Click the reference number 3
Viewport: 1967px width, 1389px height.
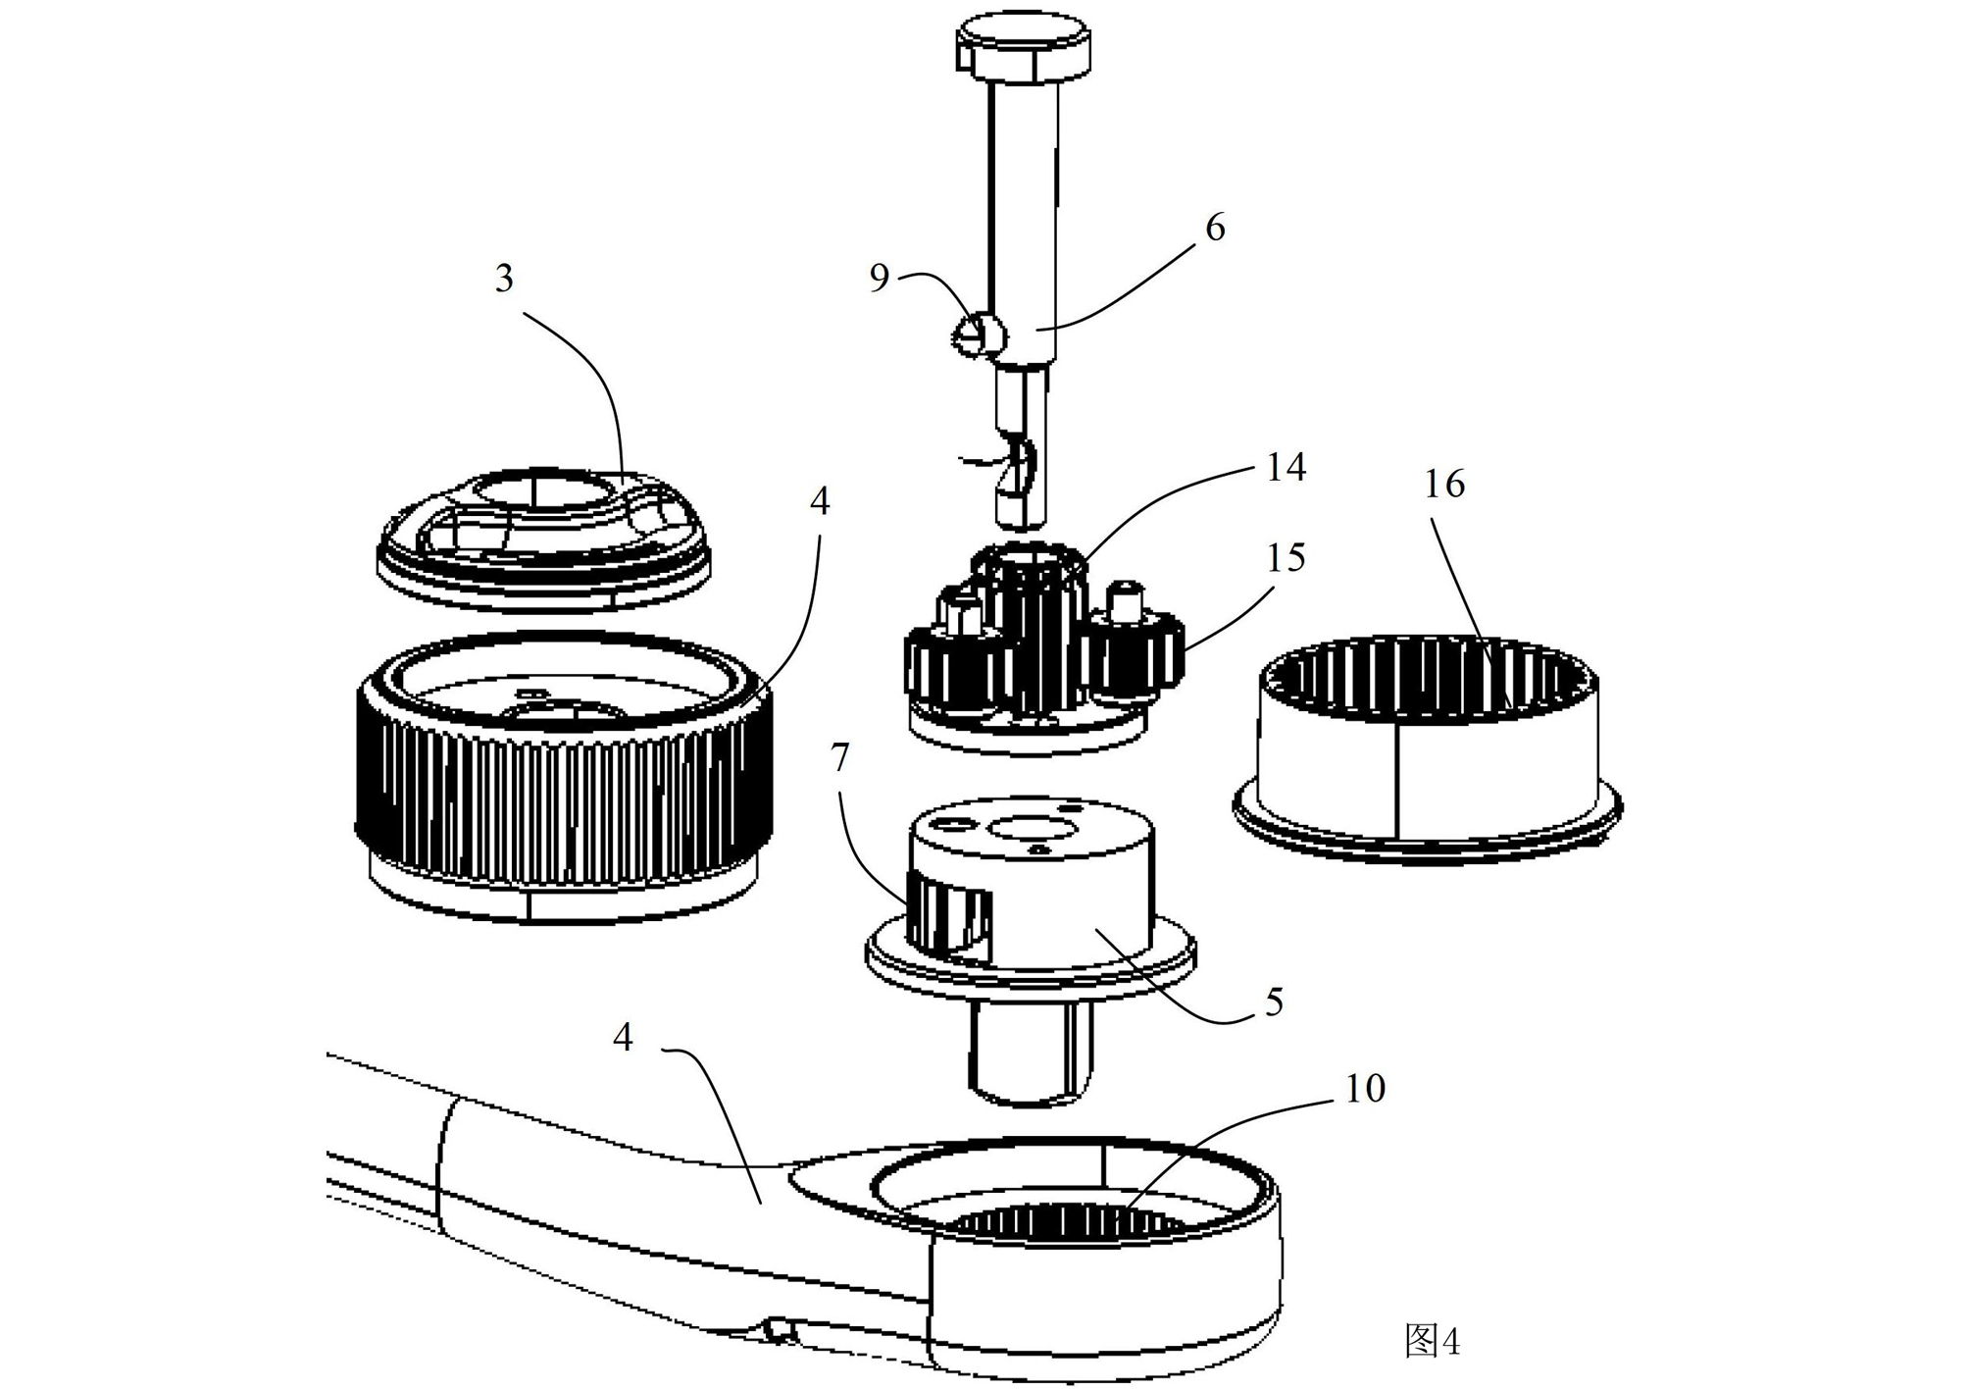pos(504,279)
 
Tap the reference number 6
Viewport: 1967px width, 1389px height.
pos(1215,228)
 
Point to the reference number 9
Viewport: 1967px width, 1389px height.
pos(880,279)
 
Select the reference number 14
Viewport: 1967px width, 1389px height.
pos(1286,468)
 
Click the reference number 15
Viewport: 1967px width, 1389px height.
pos(1286,558)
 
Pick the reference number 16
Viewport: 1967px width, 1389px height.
pos(1444,484)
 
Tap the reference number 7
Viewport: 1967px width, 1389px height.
pos(839,757)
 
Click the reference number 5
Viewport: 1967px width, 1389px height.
pos(1274,1002)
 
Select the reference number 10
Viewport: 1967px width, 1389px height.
pos(1364,1088)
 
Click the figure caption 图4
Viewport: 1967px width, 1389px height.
pos(1433,1340)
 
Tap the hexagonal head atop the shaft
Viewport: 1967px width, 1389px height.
pos(1023,50)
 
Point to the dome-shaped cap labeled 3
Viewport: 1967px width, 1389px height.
pos(544,541)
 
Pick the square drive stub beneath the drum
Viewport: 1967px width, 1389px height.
pos(1032,1053)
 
